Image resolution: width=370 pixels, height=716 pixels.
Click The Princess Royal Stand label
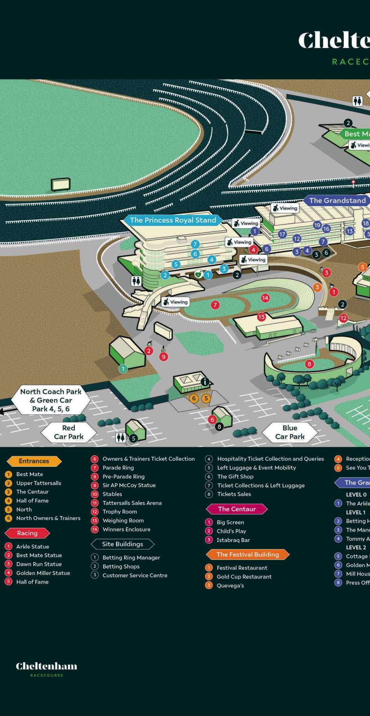click(173, 220)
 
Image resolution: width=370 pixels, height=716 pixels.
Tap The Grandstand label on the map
click(337, 201)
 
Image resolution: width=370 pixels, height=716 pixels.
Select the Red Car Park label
click(69, 432)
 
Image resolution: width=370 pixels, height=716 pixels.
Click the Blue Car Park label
click(290, 432)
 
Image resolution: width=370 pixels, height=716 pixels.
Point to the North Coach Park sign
click(51, 400)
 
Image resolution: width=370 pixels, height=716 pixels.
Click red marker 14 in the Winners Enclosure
click(265, 298)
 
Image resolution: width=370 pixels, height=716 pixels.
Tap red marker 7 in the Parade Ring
click(215, 305)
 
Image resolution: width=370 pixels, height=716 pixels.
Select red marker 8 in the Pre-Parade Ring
click(309, 364)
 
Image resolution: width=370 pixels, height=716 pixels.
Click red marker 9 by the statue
click(164, 357)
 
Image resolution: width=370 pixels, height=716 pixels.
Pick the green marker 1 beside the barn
click(123, 368)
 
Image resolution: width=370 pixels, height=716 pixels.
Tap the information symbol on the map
click(204, 381)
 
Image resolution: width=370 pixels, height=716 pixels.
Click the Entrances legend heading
click(34, 461)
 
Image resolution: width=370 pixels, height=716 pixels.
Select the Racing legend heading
click(27, 533)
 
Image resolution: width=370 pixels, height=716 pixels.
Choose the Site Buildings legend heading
click(123, 544)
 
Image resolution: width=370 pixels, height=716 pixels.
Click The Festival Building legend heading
click(247, 555)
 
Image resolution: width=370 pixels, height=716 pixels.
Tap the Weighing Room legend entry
click(123, 520)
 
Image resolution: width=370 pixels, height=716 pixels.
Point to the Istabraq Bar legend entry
click(233, 540)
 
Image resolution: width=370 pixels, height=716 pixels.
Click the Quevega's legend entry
click(230, 585)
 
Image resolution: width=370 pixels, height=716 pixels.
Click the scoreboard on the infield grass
click(61, 184)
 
